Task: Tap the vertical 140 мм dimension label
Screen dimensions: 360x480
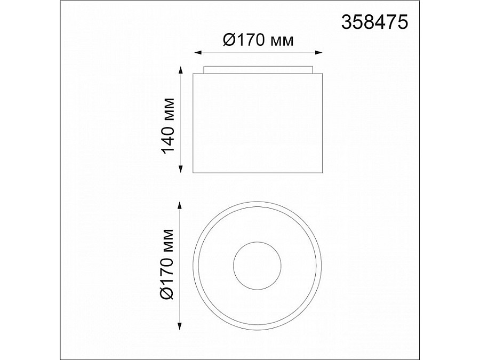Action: pyautogui.click(x=169, y=125)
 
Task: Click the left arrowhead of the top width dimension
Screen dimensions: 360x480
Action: pyautogui.click(x=197, y=52)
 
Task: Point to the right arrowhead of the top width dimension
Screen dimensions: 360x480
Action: pyautogui.click(x=320, y=52)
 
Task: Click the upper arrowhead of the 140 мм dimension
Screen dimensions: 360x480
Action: pyautogui.click(x=180, y=74)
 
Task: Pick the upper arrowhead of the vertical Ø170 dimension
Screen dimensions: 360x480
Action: pyautogui.click(x=180, y=205)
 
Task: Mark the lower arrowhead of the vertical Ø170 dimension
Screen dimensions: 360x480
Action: pyautogui.click(x=180, y=326)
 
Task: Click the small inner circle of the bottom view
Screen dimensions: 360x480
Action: pyautogui.click(x=258, y=265)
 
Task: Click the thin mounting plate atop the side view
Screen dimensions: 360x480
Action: pyautogui.click(x=258, y=69)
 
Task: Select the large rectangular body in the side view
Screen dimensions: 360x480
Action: pyautogui.click(x=258, y=123)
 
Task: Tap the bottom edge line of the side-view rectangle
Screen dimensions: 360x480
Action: pyautogui.click(x=258, y=173)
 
